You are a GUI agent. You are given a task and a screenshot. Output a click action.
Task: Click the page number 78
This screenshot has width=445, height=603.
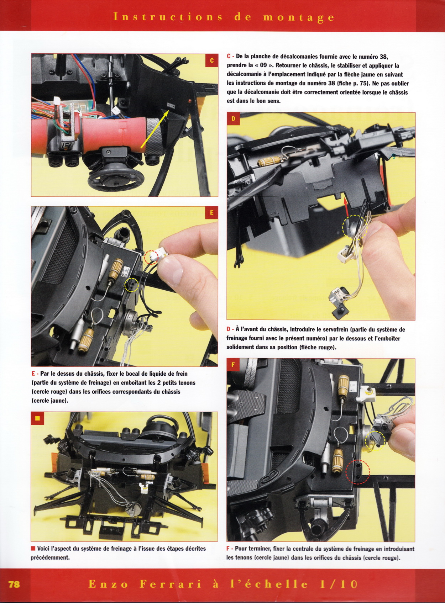14,584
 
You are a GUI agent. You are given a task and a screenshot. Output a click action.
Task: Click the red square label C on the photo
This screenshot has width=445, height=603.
211,60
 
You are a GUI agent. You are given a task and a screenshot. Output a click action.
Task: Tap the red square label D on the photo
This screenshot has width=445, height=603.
233,119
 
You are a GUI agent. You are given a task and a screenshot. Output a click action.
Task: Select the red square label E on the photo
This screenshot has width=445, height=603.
211,213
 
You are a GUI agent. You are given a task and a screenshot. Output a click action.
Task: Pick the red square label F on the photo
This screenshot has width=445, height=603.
233,365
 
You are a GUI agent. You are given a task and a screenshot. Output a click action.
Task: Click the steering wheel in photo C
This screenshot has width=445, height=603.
109,179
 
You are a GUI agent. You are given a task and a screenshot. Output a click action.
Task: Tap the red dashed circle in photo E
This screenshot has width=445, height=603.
151,257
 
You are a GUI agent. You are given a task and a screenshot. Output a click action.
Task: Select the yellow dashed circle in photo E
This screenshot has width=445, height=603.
132,284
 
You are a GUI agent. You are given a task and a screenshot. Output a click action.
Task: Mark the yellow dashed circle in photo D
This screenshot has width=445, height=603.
355,227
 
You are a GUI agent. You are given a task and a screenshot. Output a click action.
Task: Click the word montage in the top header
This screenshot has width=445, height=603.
298,17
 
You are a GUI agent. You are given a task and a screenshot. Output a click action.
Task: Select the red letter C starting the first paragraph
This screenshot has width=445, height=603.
229,57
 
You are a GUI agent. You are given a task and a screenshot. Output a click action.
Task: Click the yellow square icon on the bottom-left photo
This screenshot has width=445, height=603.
37,418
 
